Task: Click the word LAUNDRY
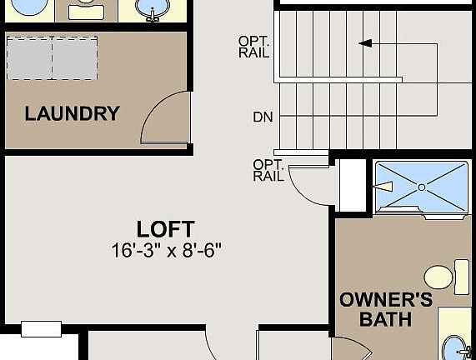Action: click(72, 114)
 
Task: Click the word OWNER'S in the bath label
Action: click(386, 299)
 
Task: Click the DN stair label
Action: click(263, 117)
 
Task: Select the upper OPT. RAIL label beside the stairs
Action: click(253, 46)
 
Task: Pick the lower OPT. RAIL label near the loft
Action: click(268, 169)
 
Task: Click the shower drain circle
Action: click(421, 188)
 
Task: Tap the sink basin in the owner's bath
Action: click(453, 347)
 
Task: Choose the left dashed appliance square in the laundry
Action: click(29, 58)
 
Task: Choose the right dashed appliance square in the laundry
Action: click(75, 58)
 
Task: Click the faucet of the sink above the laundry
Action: click(153, 13)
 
